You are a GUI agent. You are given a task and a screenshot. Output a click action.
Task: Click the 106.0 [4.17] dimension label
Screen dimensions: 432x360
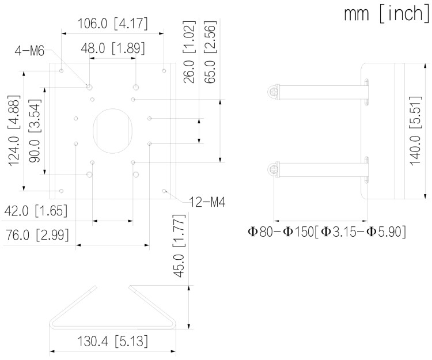point(112,24)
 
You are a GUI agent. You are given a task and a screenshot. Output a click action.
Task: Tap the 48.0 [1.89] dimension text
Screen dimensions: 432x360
point(113,48)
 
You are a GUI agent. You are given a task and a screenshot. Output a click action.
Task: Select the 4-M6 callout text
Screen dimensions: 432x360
point(29,51)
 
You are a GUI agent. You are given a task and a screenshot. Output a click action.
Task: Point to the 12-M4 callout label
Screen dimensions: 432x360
point(207,202)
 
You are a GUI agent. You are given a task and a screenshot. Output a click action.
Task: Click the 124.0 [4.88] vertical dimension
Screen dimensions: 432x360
point(14,131)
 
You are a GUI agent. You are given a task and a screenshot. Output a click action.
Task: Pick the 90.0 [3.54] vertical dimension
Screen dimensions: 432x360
point(35,131)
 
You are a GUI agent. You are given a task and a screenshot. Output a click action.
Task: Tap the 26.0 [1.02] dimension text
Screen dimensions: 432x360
point(190,52)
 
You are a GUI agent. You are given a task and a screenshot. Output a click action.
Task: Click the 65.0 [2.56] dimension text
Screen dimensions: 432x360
point(210,52)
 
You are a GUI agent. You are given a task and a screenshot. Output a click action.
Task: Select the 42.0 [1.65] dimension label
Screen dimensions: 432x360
point(36,211)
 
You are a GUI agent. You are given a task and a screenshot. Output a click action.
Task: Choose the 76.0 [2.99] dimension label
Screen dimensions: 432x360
point(37,235)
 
